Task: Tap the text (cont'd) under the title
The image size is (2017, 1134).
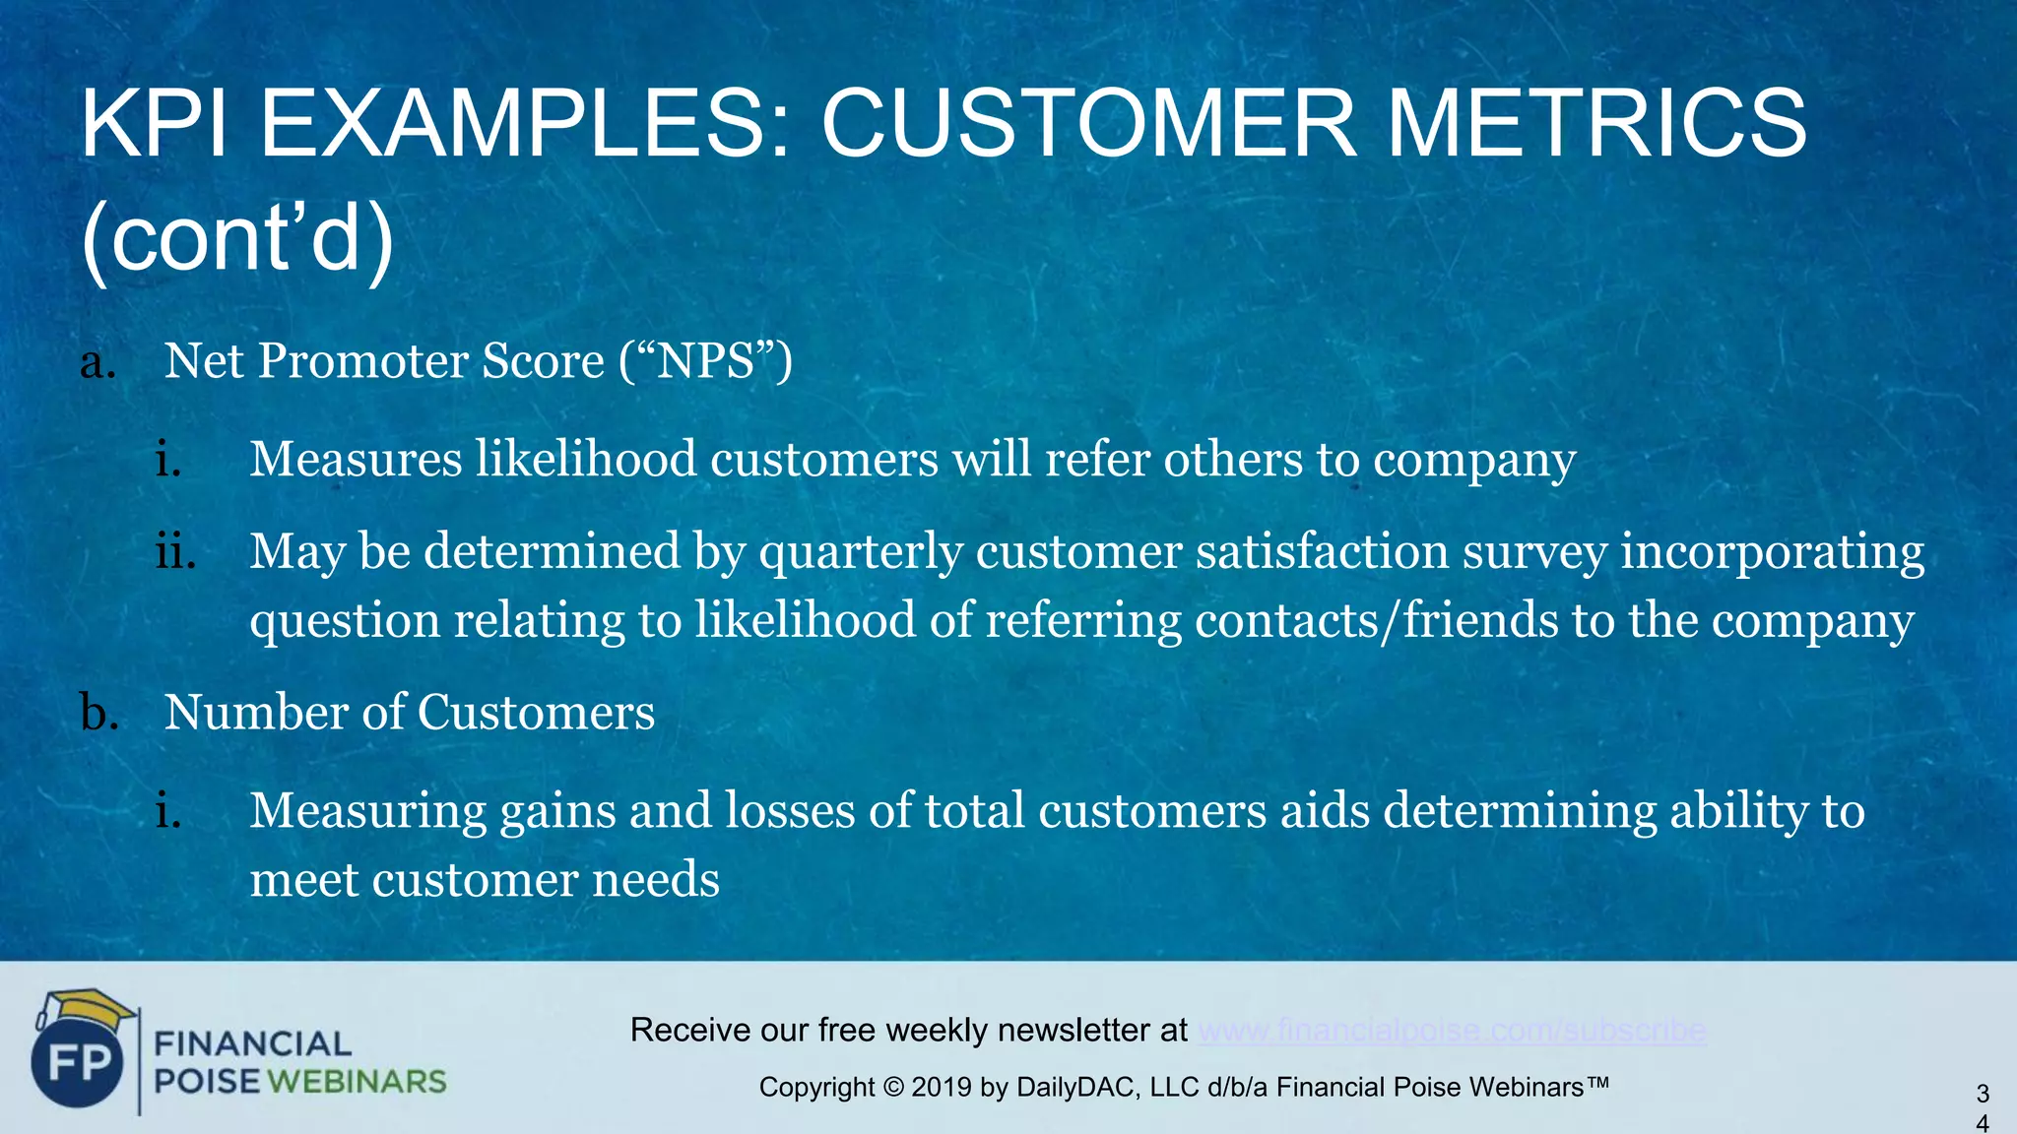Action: coord(237,239)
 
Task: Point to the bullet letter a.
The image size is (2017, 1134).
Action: coord(97,362)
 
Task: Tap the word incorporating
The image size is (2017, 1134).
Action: coord(1772,551)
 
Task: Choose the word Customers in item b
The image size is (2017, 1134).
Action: coord(537,712)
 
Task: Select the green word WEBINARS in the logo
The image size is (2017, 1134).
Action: coord(357,1082)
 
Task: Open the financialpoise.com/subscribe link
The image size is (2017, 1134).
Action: coord(1452,1030)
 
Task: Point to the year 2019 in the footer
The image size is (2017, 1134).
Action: coord(942,1088)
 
